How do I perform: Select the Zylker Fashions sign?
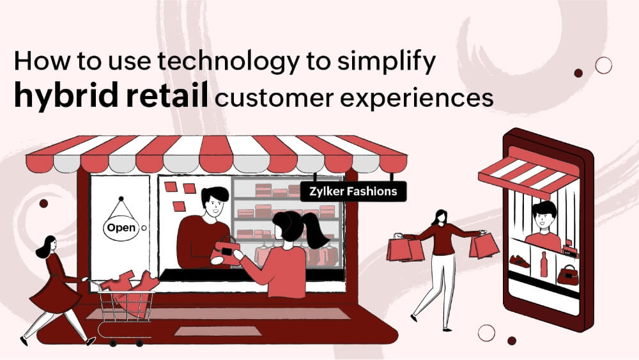[353, 191]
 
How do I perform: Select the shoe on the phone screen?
[520, 262]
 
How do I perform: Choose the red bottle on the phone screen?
[544, 263]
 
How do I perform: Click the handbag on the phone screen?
[567, 275]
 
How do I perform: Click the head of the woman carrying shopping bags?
[440, 217]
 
